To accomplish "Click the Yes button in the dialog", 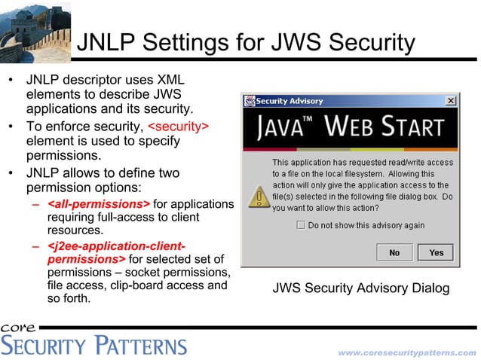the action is tap(436, 252).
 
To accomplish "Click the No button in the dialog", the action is tap(394, 252).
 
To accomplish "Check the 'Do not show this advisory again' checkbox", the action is tap(300, 225).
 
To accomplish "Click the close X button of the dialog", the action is tap(450, 101).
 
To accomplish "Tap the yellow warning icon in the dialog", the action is tap(259, 197).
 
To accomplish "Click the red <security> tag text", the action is tap(178, 126).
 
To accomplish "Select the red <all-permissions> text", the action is tap(98, 204).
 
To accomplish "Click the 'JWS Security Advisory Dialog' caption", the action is tap(360, 288).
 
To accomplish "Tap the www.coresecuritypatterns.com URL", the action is tap(406, 352).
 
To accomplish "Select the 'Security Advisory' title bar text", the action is tap(290, 101).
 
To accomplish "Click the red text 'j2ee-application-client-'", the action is tap(116, 246).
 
